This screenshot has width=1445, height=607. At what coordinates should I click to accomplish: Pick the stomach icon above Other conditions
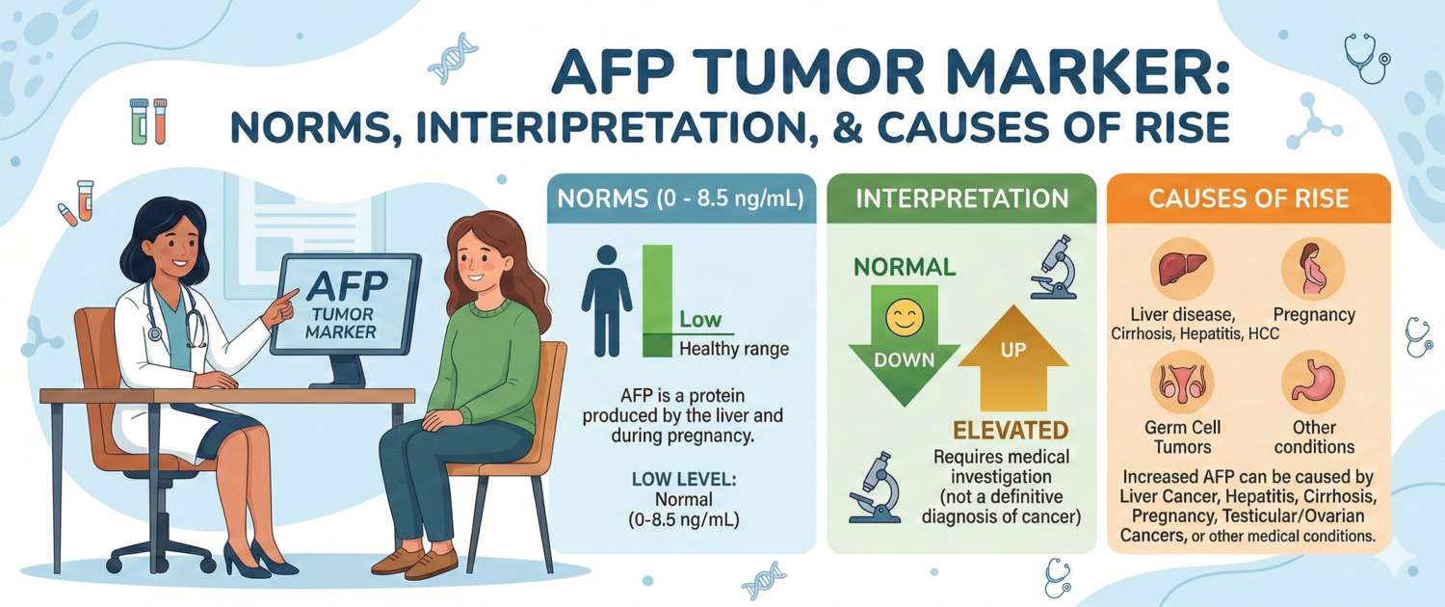tap(1313, 382)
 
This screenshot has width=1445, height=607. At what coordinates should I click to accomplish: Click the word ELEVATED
tap(1011, 430)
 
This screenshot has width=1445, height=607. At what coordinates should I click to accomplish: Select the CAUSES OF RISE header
tap(1248, 199)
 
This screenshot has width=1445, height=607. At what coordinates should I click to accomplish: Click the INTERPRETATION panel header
tap(961, 199)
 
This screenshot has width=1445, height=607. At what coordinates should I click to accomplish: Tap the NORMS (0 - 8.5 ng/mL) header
tap(681, 199)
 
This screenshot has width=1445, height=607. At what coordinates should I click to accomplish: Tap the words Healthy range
tap(733, 349)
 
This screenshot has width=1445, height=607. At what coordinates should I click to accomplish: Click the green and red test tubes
tap(148, 120)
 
